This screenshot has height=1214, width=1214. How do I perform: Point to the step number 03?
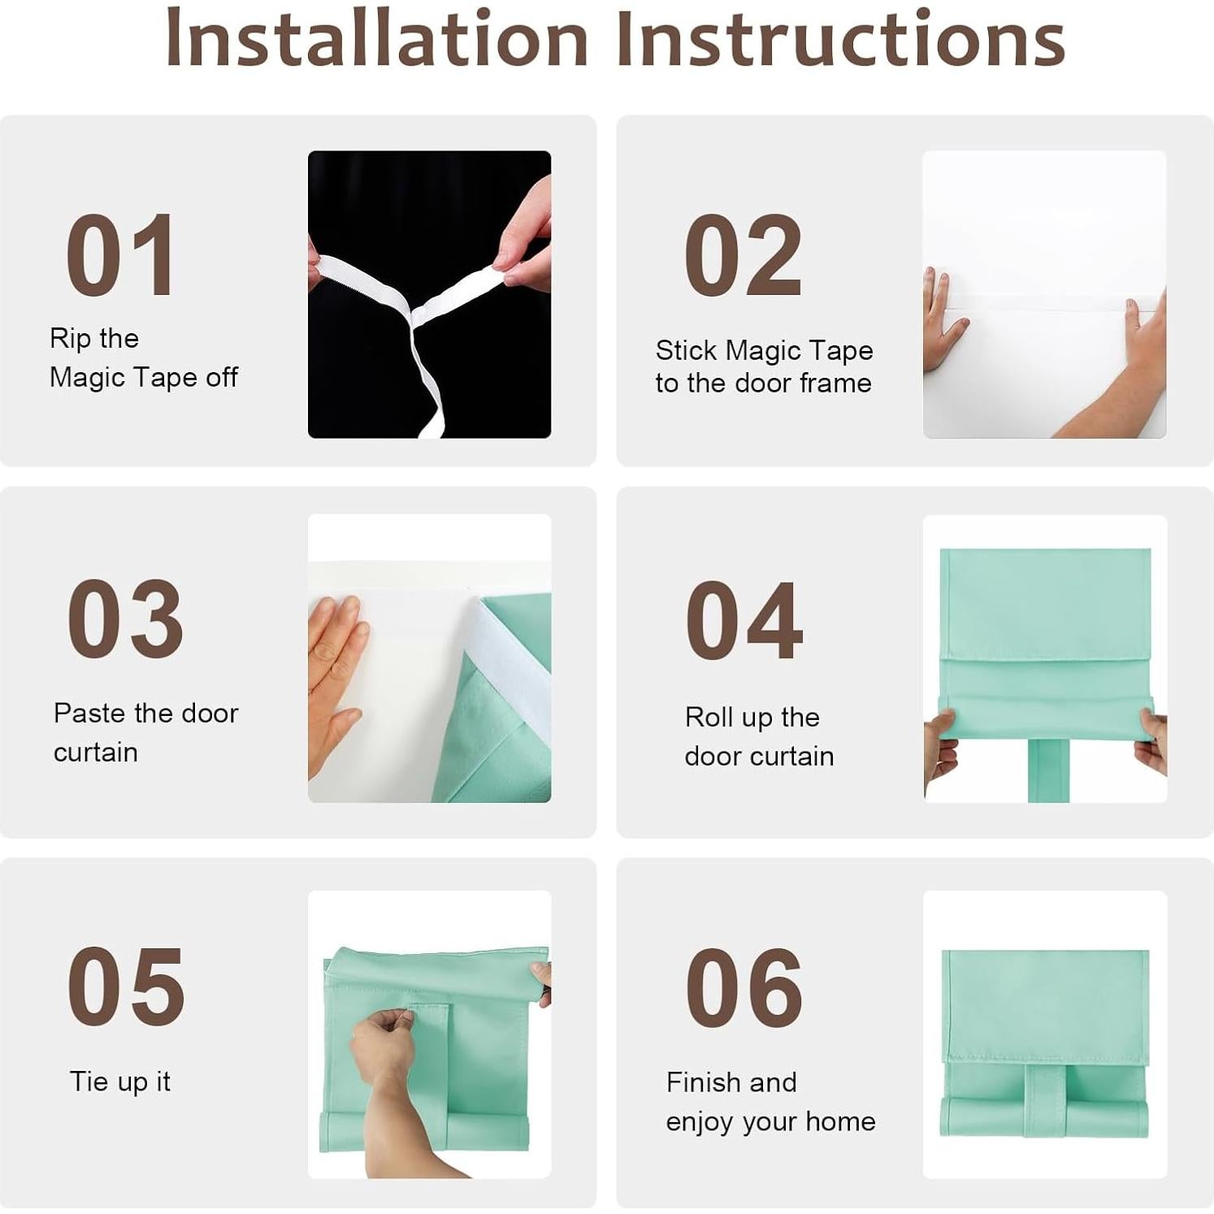coord(125,619)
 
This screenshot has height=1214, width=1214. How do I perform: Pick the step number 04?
coord(744,621)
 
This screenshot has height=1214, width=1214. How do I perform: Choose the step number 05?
coord(126,986)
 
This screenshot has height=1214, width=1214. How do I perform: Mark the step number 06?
coord(744,987)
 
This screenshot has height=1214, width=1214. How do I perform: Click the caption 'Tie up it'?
coord(120,1082)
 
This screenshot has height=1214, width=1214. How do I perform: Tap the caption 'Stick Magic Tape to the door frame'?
coord(764,366)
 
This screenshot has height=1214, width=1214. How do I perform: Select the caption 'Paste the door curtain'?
coord(146,732)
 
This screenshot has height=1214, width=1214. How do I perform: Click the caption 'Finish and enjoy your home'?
coord(770,1102)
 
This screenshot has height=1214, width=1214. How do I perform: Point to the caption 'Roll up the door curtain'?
coord(759,736)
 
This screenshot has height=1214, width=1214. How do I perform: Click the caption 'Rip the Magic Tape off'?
coord(144,358)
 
